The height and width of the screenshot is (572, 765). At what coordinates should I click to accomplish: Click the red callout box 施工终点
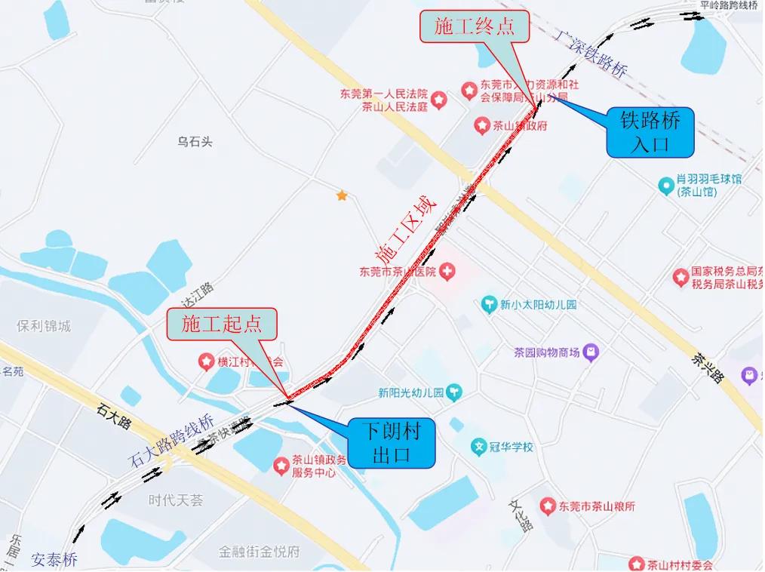[473, 27]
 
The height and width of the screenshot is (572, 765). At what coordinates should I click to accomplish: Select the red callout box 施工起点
[222, 324]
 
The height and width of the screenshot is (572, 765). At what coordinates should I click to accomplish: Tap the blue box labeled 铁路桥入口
[650, 132]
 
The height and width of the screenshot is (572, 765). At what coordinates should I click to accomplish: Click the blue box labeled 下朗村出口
[391, 443]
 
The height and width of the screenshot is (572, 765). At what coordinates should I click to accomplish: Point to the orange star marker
[342, 195]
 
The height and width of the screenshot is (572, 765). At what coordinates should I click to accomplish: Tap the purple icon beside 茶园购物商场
[591, 352]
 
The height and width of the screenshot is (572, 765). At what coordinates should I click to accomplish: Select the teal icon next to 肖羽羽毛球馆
[665, 184]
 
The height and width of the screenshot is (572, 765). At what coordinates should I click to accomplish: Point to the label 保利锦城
[44, 326]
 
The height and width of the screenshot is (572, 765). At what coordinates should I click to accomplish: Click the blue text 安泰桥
[54, 560]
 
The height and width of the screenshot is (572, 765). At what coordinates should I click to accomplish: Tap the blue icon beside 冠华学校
[478, 447]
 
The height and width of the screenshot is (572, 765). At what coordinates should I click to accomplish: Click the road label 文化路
[520, 515]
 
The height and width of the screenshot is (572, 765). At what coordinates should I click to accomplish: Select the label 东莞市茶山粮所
[596, 506]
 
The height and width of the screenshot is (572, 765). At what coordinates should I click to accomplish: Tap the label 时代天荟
[176, 500]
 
